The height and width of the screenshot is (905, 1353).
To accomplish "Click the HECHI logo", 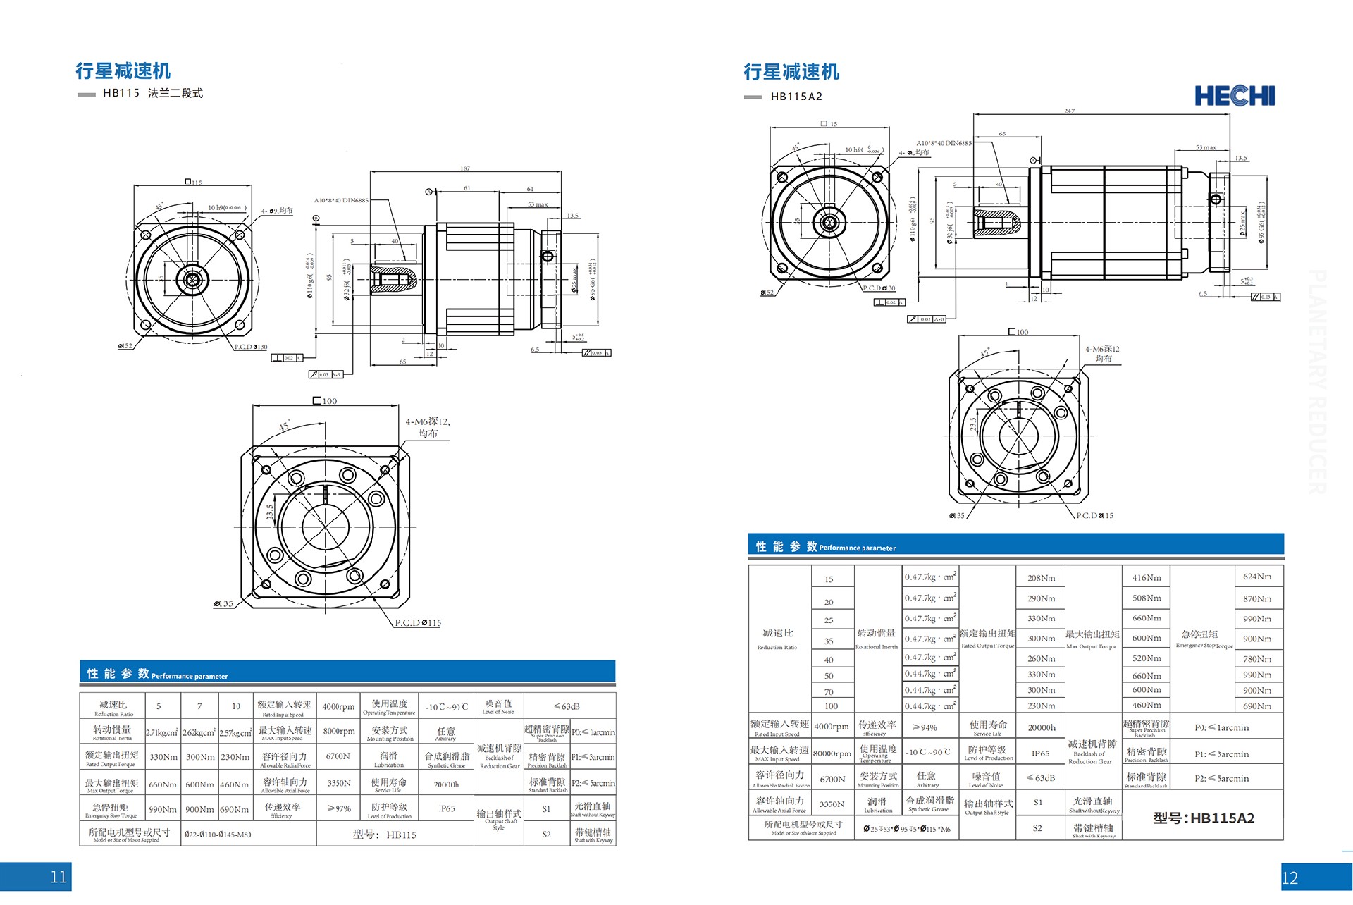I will [1235, 96].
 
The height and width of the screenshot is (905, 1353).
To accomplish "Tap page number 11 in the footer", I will [58, 877].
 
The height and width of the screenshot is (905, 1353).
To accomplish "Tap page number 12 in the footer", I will [1290, 878].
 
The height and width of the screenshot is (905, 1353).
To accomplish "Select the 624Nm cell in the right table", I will [1257, 577].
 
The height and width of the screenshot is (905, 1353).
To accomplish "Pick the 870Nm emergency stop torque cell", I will [1257, 598].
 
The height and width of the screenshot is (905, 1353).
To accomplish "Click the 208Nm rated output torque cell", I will [1041, 578].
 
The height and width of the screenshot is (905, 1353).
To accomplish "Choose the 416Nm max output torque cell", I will [1147, 578].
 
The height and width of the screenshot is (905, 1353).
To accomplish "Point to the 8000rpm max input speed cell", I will [339, 731].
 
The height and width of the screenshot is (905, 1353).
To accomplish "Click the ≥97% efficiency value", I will [339, 808].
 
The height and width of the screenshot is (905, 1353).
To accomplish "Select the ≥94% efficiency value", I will [925, 727].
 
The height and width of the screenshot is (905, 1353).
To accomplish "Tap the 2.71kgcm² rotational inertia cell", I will [162, 733].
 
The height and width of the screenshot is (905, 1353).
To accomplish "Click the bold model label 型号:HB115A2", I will [1204, 818].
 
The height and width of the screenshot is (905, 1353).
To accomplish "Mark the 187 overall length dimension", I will [465, 168].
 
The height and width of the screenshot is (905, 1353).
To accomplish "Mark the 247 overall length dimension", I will [1069, 111].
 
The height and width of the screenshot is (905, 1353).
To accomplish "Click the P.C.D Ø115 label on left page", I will [418, 623].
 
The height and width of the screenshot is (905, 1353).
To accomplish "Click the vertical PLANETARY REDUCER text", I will [1317, 381].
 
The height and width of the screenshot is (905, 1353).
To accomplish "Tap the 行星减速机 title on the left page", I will [123, 71].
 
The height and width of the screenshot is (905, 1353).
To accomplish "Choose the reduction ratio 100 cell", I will [831, 706].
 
